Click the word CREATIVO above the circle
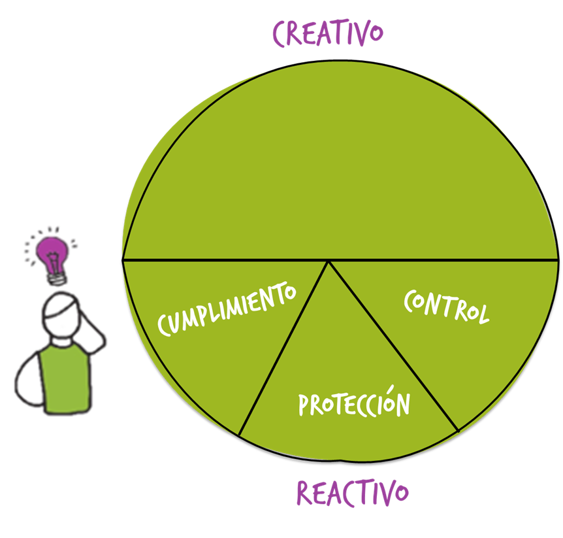(x=327, y=33)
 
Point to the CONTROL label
(x=446, y=307)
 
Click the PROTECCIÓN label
(x=354, y=403)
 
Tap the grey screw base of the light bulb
(x=57, y=278)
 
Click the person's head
(x=61, y=317)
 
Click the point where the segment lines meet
(x=329, y=261)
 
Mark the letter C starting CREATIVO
(x=281, y=35)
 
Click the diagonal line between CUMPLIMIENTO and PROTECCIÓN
(x=284, y=346)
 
